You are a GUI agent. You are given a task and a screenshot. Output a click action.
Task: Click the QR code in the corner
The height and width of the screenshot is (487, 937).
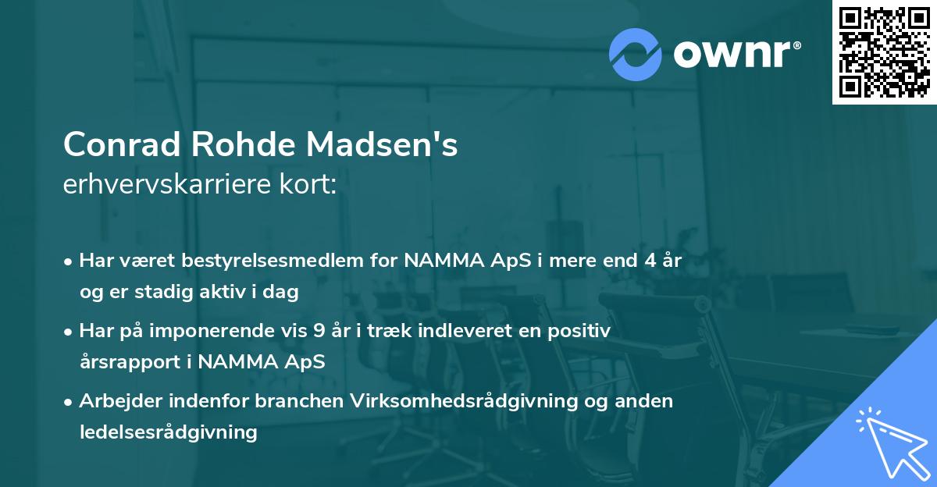tap(884, 52)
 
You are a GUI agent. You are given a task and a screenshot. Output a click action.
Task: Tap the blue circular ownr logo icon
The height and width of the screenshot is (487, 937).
tap(635, 54)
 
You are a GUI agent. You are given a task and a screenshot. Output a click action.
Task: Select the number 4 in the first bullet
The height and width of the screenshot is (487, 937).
tap(648, 261)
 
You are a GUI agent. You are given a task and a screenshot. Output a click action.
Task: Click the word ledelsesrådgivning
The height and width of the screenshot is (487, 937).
tap(168, 432)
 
